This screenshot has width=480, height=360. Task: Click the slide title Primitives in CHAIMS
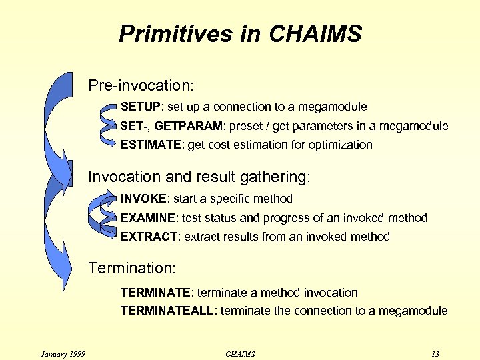[x=240, y=33]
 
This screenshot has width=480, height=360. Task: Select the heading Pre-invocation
[x=141, y=86]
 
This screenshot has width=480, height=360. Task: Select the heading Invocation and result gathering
[x=199, y=177]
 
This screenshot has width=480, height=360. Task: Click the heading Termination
[x=132, y=268]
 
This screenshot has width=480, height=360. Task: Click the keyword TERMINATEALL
[x=167, y=311]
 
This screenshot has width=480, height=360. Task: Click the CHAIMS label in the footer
[x=240, y=354]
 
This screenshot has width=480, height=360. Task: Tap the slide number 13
[x=435, y=354]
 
